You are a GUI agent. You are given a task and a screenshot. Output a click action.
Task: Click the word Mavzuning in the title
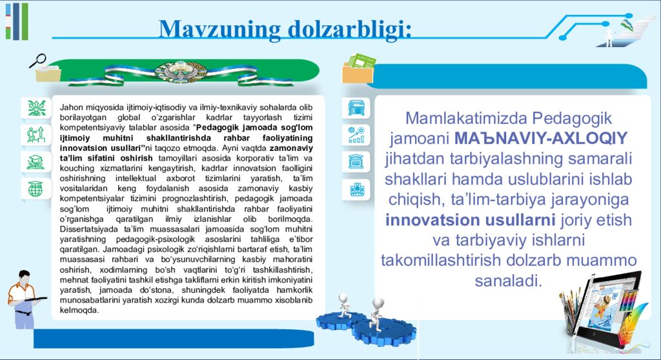[219, 30]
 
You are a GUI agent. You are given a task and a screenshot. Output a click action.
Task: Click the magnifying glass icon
[37, 60]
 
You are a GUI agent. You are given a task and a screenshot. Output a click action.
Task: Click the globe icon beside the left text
[36, 188]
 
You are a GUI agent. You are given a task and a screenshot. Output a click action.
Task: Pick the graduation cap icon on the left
[36, 163]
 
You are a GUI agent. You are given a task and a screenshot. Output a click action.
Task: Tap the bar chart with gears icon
[356, 134]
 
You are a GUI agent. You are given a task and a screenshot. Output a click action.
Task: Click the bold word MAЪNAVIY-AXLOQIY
[542, 138]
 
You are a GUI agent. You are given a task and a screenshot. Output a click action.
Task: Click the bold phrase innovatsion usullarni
[470, 219]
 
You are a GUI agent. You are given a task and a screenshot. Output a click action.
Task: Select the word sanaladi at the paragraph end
[509, 281]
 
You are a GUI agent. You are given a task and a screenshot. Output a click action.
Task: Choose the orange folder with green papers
[358, 69]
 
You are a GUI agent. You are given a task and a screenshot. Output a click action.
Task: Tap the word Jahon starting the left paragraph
[71, 108]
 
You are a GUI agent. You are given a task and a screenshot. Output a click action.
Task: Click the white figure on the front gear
[377, 314]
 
